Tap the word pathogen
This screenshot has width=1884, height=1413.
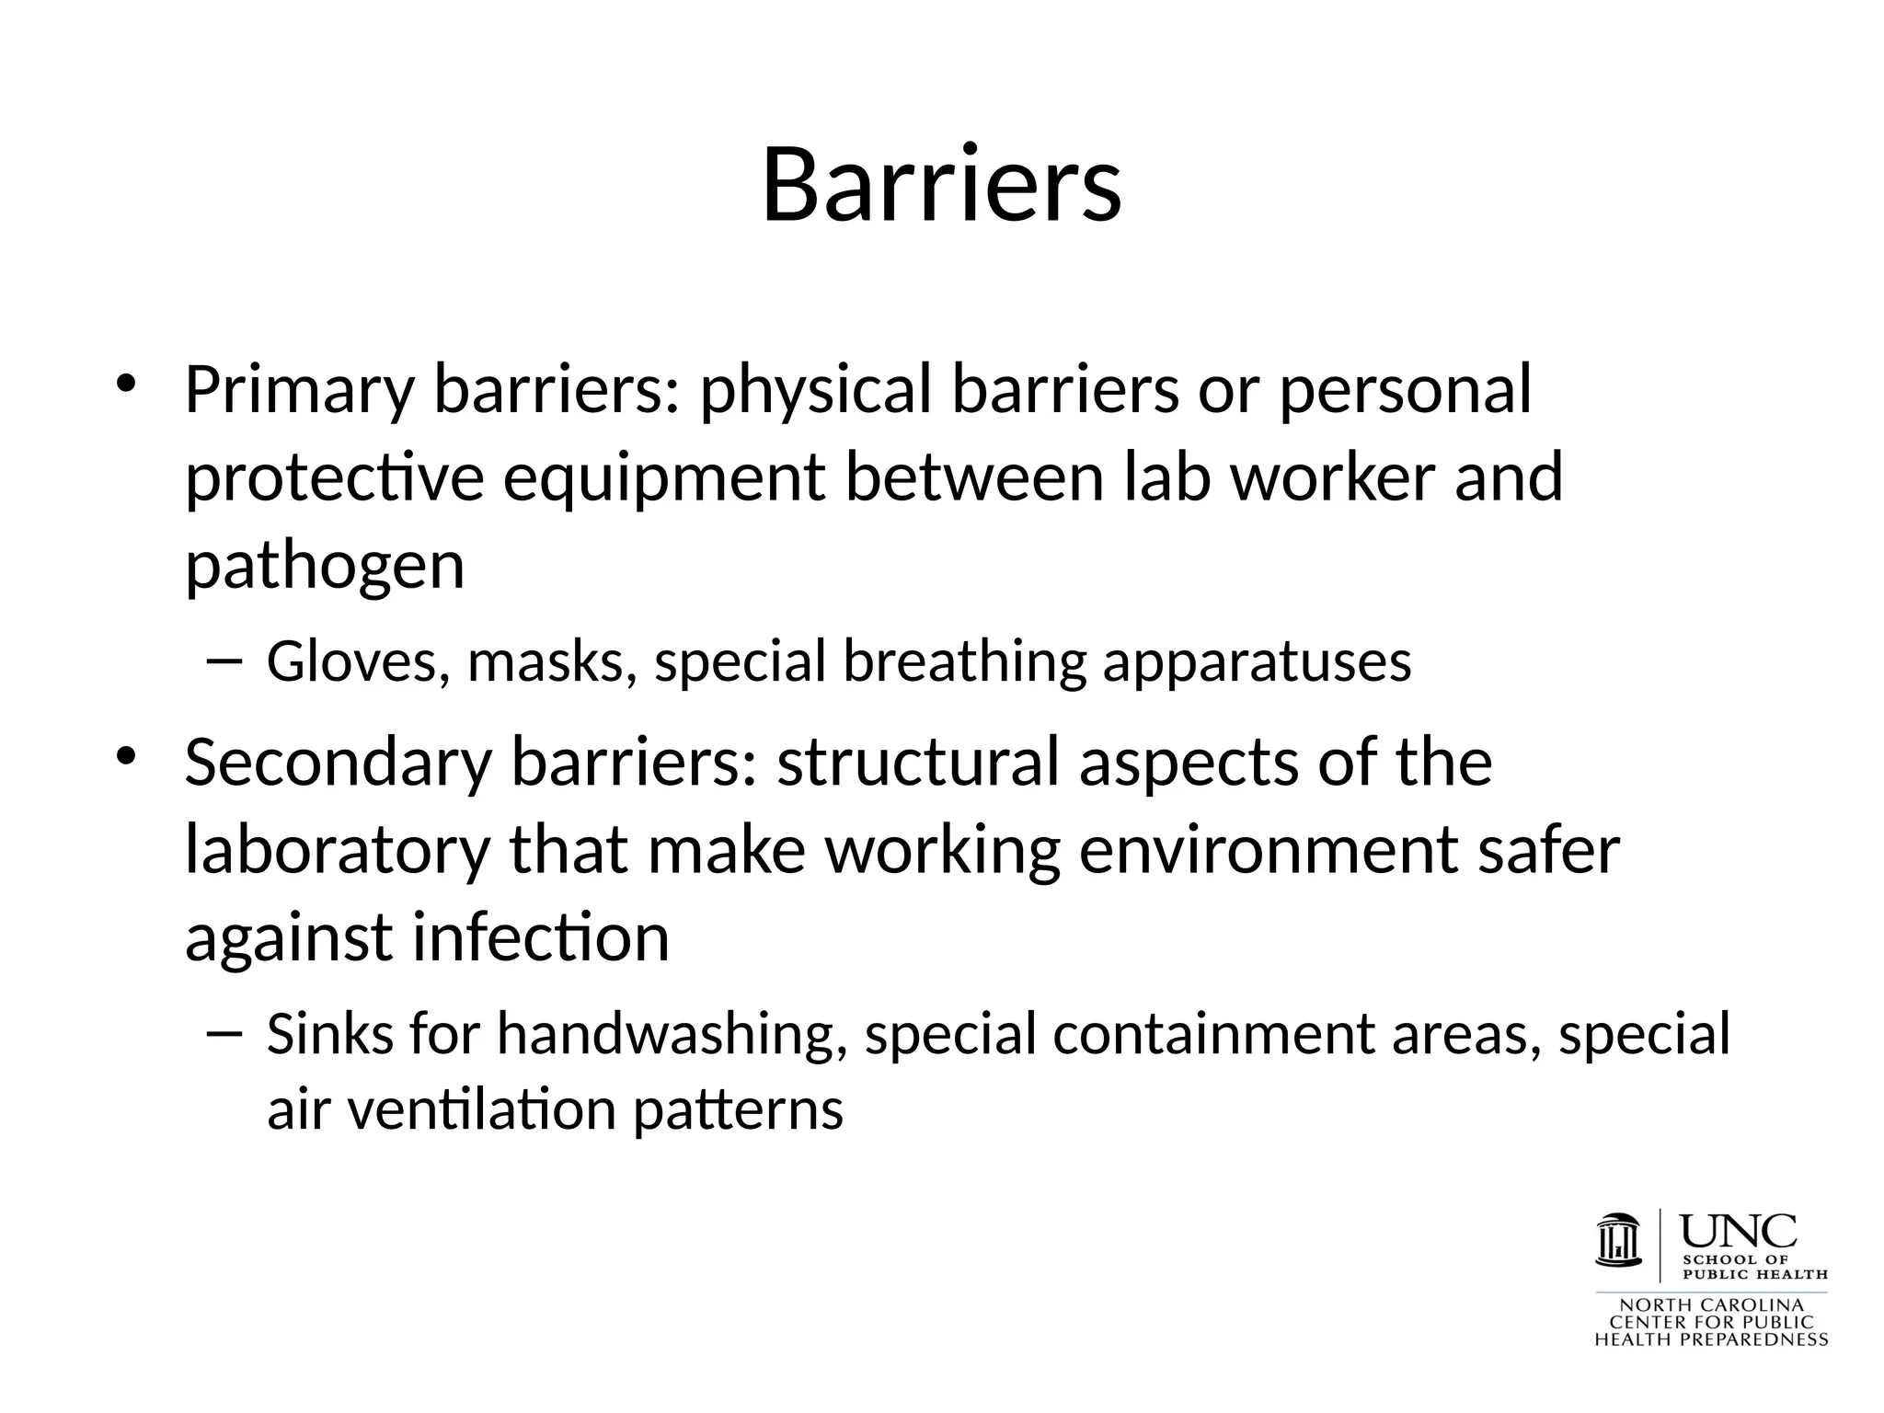pyautogui.click(x=325, y=567)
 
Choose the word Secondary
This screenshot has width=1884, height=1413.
pyautogui.click(x=339, y=763)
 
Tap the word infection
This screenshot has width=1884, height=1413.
pyautogui.click(x=540, y=937)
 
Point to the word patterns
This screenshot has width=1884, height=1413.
pyautogui.click(x=738, y=1110)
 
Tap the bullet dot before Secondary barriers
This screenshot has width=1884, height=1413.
pyautogui.click(x=127, y=755)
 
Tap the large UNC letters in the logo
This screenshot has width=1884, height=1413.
pyautogui.click(x=1739, y=1231)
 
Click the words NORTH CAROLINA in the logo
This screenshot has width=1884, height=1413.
pyautogui.click(x=1711, y=1305)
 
